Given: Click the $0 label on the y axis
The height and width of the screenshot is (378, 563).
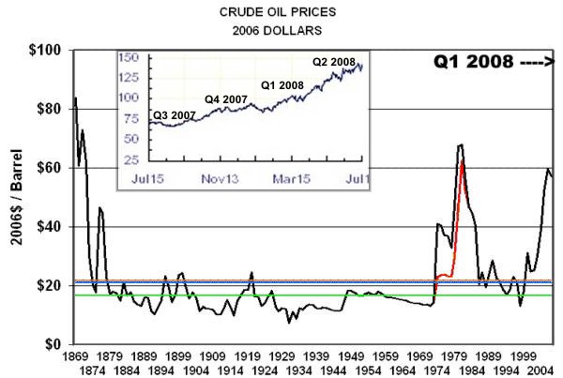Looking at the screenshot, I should pos(54,344).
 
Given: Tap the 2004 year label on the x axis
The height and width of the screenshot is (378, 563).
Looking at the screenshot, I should pos(547,370).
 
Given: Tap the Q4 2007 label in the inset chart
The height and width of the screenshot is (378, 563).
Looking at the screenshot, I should pos(226,98).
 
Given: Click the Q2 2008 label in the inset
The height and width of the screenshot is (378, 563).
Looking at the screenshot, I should pos(334,62).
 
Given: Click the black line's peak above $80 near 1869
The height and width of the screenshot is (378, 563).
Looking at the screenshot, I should pos(75,98).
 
